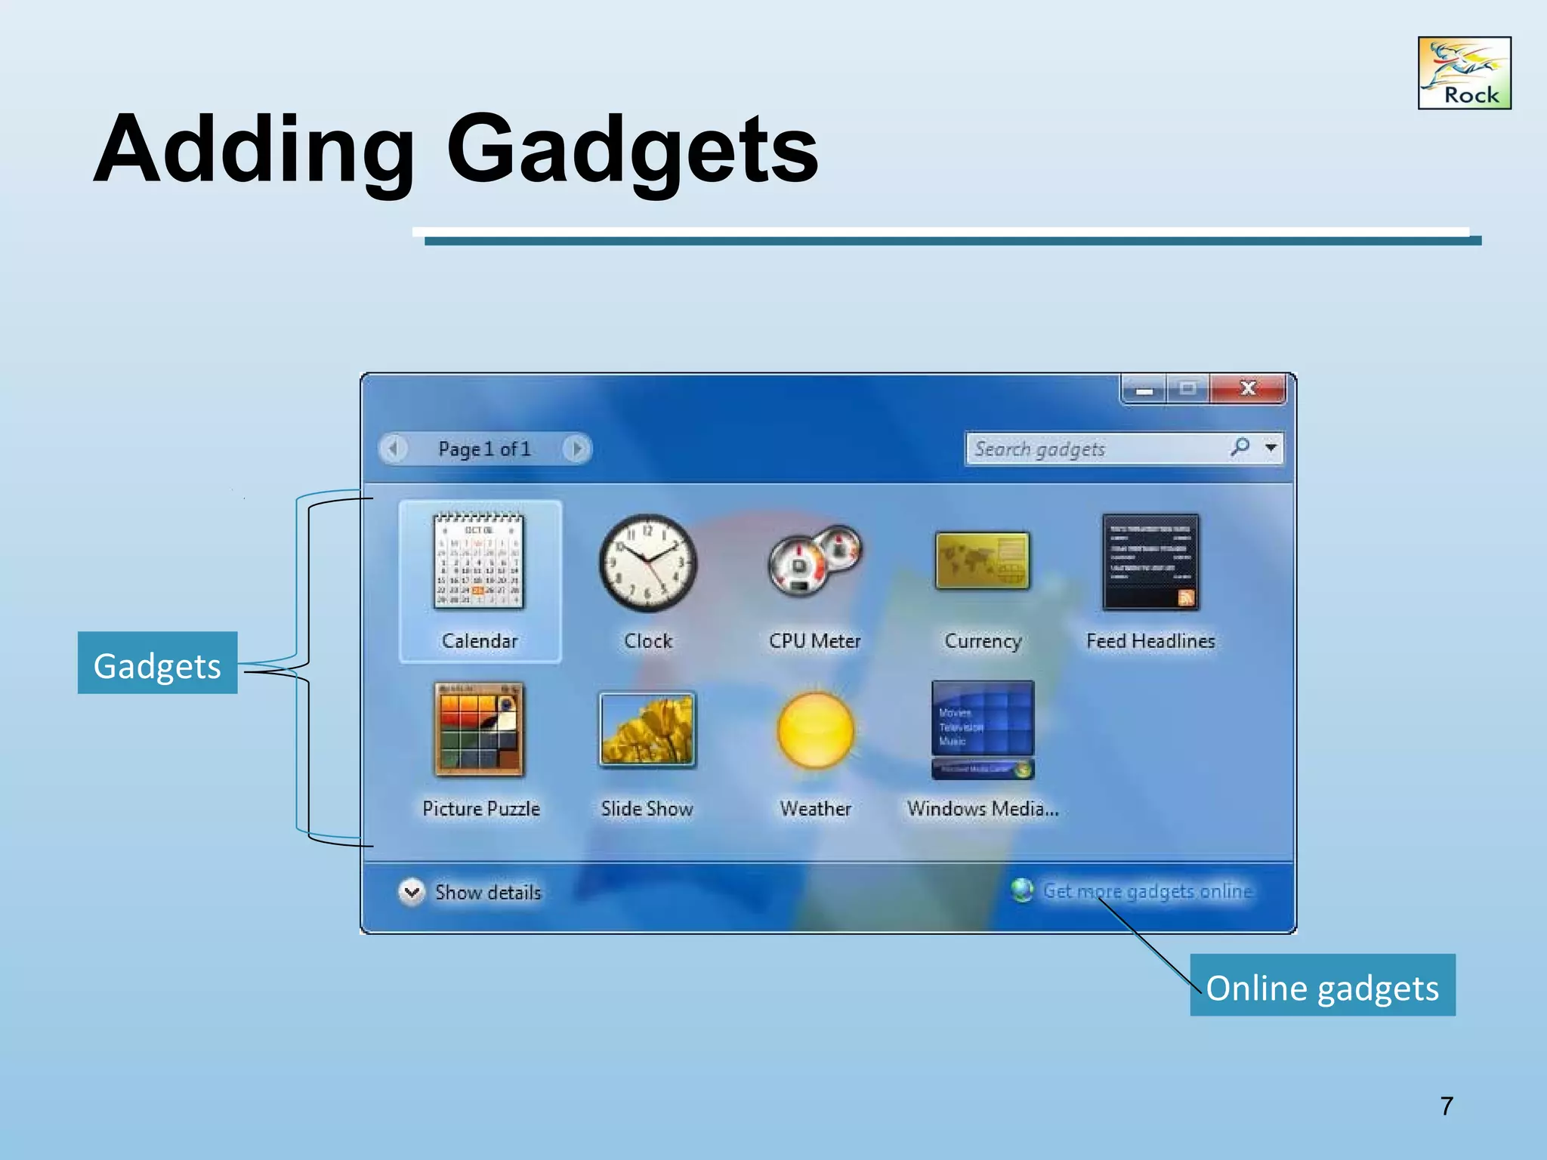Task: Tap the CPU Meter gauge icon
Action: click(x=814, y=561)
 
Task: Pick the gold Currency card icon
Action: click(x=982, y=560)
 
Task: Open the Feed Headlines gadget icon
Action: click(x=1150, y=562)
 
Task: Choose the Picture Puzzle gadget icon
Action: click(x=479, y=729)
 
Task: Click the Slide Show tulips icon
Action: click(x=647, y=730)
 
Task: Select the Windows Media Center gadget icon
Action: click(x=982, y=730)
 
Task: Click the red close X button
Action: click(x=1247, y=389)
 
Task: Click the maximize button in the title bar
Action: click(x=1187, y=389)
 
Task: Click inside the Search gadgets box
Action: click(x=1088, y=449)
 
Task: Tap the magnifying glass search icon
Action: click(x=1240, y=447)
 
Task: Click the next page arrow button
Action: click(x=577, y=449)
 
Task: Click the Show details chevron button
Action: click(x=412, y=892)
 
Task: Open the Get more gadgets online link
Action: click(x=1147, y=891)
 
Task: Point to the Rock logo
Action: click(x=1464, y=73)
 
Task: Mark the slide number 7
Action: click(x=1447, y=1106)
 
